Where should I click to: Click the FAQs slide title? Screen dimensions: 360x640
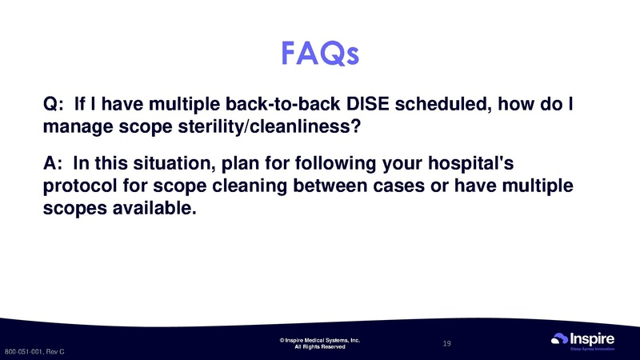point(320,54)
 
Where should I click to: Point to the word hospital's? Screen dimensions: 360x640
point(473,164)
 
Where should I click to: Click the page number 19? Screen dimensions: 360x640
point(447,343)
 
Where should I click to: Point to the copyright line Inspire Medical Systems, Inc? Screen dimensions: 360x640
point(320,340)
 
